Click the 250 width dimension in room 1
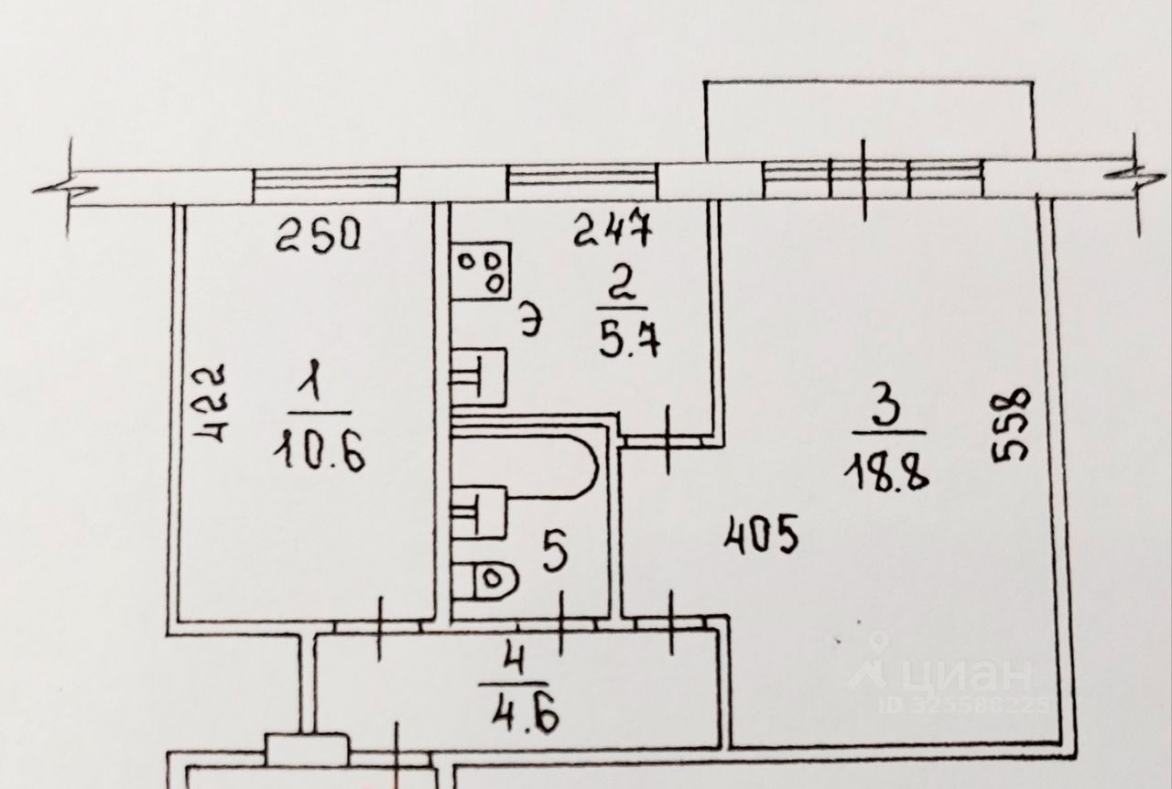tap(320, 237)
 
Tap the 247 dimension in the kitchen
tap(612, 230)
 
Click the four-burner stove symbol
tap(481, 270)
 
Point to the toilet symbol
tap(486, 578)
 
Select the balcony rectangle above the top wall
tap(870, 119)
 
